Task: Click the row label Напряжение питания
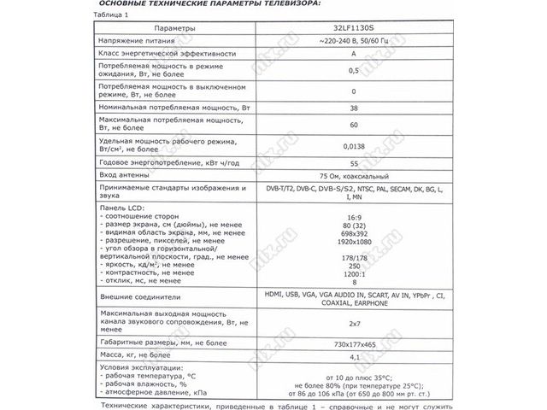(x=138, y=41)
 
